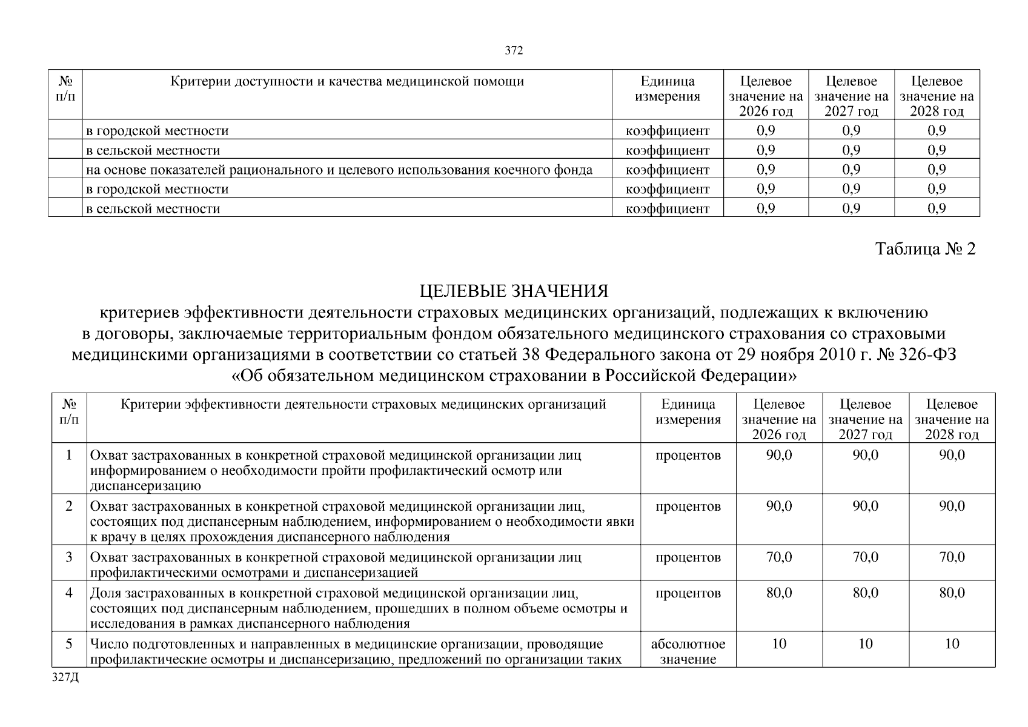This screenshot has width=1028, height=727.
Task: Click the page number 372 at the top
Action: pos(514,51)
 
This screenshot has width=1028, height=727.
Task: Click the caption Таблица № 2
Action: pos(926,249)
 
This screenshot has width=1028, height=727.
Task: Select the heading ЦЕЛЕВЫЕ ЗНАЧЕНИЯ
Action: pos(514,291)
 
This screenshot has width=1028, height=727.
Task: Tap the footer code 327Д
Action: pos(65,677)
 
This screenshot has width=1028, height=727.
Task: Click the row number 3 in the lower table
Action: pos(69,557)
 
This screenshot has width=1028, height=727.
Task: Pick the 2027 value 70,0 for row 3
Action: pos(865,557)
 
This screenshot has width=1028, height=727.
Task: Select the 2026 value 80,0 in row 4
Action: pos(778,593)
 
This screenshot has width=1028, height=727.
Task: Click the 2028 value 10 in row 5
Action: pos(952,643)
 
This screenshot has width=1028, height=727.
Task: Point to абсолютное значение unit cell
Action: pos(688,651)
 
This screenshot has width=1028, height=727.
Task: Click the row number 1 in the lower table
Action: pos(69,455)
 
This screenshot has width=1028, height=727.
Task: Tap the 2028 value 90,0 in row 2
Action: pos(952,506)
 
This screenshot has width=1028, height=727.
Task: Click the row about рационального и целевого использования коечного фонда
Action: pos(339,170)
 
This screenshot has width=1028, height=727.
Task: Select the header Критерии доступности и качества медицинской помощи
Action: pos(347,81)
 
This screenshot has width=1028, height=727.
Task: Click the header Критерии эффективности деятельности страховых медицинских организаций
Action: pos(363,405)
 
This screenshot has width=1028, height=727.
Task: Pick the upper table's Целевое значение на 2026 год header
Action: pos(766,96)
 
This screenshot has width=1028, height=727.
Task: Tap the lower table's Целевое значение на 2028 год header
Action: pos(952,419)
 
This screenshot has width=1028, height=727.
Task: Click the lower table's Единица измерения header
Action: pos(688,412)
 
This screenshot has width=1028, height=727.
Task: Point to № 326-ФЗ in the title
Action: pos(916,354)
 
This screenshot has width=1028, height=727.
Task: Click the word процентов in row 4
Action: pos(688,593)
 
